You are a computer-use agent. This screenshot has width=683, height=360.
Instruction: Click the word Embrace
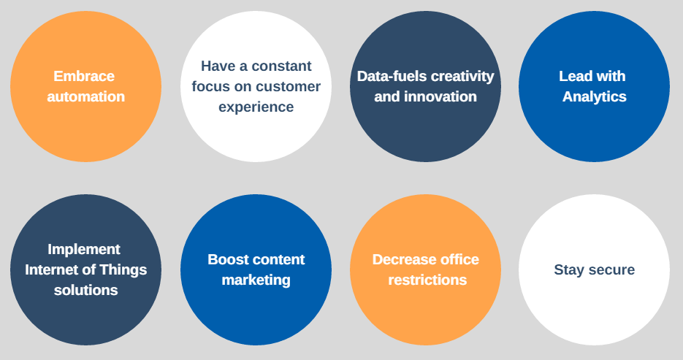84,76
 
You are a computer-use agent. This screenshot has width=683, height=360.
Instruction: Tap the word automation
85,96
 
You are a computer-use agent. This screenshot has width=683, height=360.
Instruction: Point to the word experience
256,107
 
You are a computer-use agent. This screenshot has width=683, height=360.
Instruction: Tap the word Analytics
594,97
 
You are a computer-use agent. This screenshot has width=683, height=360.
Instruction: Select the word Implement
84,250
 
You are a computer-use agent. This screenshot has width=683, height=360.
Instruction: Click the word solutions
85,291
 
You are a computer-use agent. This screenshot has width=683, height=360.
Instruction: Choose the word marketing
256,280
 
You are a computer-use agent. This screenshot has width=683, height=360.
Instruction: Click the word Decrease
399,259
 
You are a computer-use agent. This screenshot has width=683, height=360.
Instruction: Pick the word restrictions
427,280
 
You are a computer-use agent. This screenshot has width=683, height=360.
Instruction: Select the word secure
611,270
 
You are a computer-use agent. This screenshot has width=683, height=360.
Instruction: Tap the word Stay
569,270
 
